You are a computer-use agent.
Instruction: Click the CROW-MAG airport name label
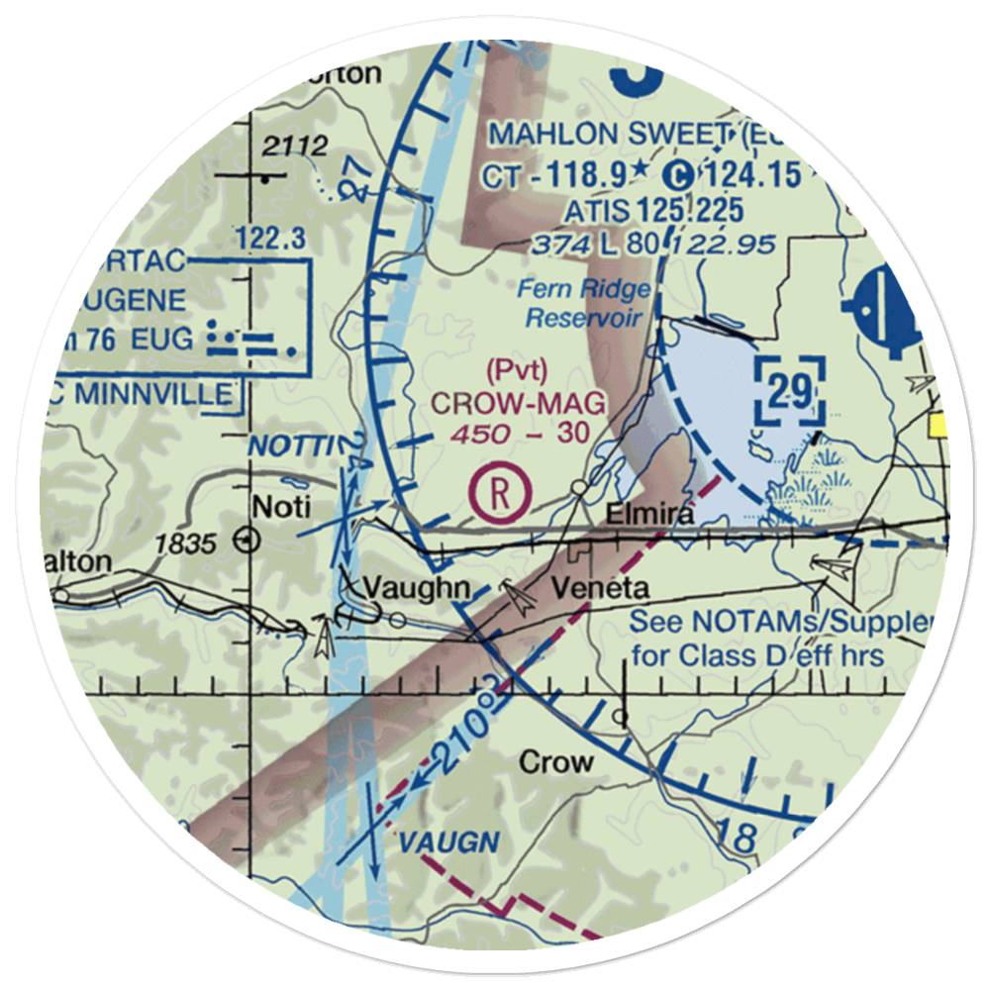tap(516, 404)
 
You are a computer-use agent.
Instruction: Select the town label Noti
tap(282, 508)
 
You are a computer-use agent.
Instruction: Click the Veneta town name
tap(600, 588)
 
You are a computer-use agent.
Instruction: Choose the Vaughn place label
tap(416, 588)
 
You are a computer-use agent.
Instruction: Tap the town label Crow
tap(556, 761)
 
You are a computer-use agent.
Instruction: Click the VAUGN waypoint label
tap(448, 843)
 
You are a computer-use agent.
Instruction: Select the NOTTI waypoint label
tap(286, 446)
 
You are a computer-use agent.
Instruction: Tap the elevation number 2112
tap(295, 148)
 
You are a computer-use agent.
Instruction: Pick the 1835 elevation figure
tap(185, 543)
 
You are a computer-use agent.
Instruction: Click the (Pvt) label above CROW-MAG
tap(517, 370)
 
